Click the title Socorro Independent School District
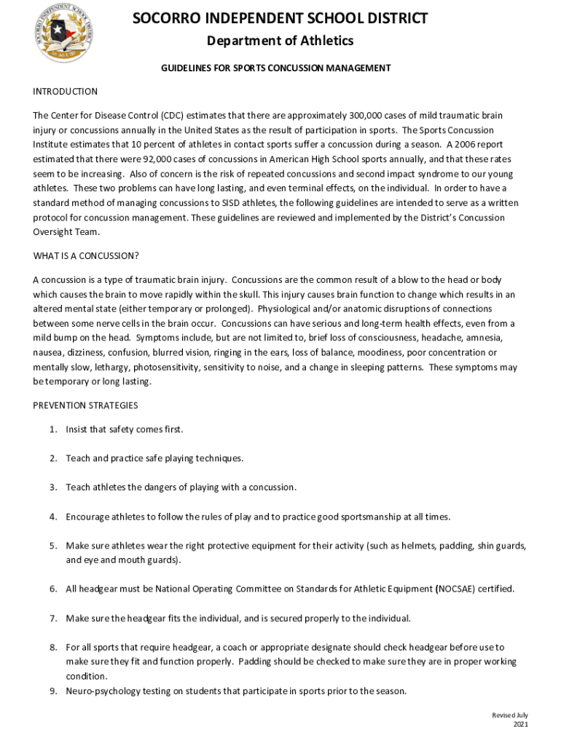(x=280, y=18)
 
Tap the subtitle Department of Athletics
(x=280, y=41)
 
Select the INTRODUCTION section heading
(x=65, y=92)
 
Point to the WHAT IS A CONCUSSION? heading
(x=86, y=255)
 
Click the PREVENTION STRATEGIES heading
(x=85, y=405)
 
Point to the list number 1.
(x=53, y=429)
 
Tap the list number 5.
(x=53, y=546)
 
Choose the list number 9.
(x=53, y=691)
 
